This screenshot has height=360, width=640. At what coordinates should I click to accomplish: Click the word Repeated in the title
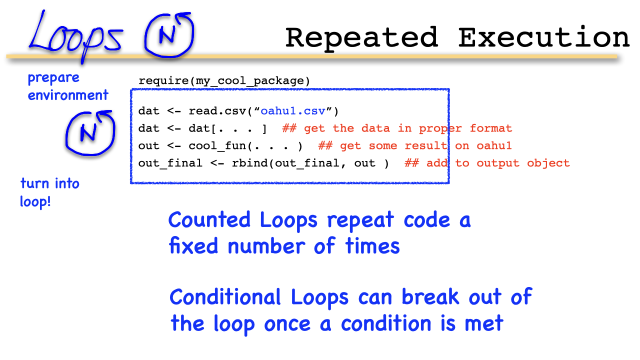(x=361, y=38)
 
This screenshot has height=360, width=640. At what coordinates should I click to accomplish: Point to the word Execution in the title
(x=544, y=37)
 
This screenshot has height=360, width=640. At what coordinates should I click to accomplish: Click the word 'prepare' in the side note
(x=53, y=78)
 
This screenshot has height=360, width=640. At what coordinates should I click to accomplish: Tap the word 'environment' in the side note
(x=68, y=95)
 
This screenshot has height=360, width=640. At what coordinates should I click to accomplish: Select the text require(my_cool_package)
(x=224, y=81)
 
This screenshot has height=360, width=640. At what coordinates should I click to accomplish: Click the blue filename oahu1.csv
(x=293, y=111)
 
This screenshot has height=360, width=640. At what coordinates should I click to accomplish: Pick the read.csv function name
(x=217, y=111)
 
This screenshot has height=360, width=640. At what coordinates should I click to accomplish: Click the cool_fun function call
(x=245, y=146)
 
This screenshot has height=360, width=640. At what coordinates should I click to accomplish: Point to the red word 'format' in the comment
(x=491, y=128)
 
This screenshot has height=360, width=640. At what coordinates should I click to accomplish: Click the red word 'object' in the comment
(x=548, y=163)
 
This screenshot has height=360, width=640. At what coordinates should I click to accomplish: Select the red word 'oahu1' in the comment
(x=494, y=145)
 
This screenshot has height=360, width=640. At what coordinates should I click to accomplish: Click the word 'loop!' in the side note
(x=35, y=201)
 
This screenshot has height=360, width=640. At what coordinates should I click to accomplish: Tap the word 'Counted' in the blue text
(x=209, y=220)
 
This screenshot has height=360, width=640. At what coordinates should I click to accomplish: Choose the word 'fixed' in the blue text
(x=193, y=245)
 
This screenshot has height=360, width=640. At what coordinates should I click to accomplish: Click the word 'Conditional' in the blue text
(x=225, y=297)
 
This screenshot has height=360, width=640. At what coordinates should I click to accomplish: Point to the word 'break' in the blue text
(x=430, y=296)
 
